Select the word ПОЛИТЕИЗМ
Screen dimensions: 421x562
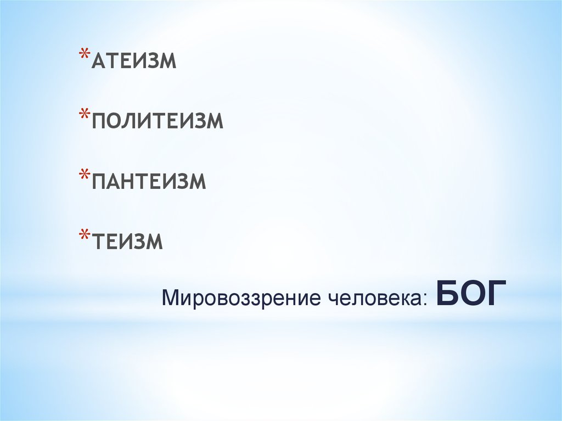158,121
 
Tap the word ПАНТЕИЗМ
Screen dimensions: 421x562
149,182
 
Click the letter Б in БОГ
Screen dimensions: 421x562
446,294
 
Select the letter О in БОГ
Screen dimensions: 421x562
470,294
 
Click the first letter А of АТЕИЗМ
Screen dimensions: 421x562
99,61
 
